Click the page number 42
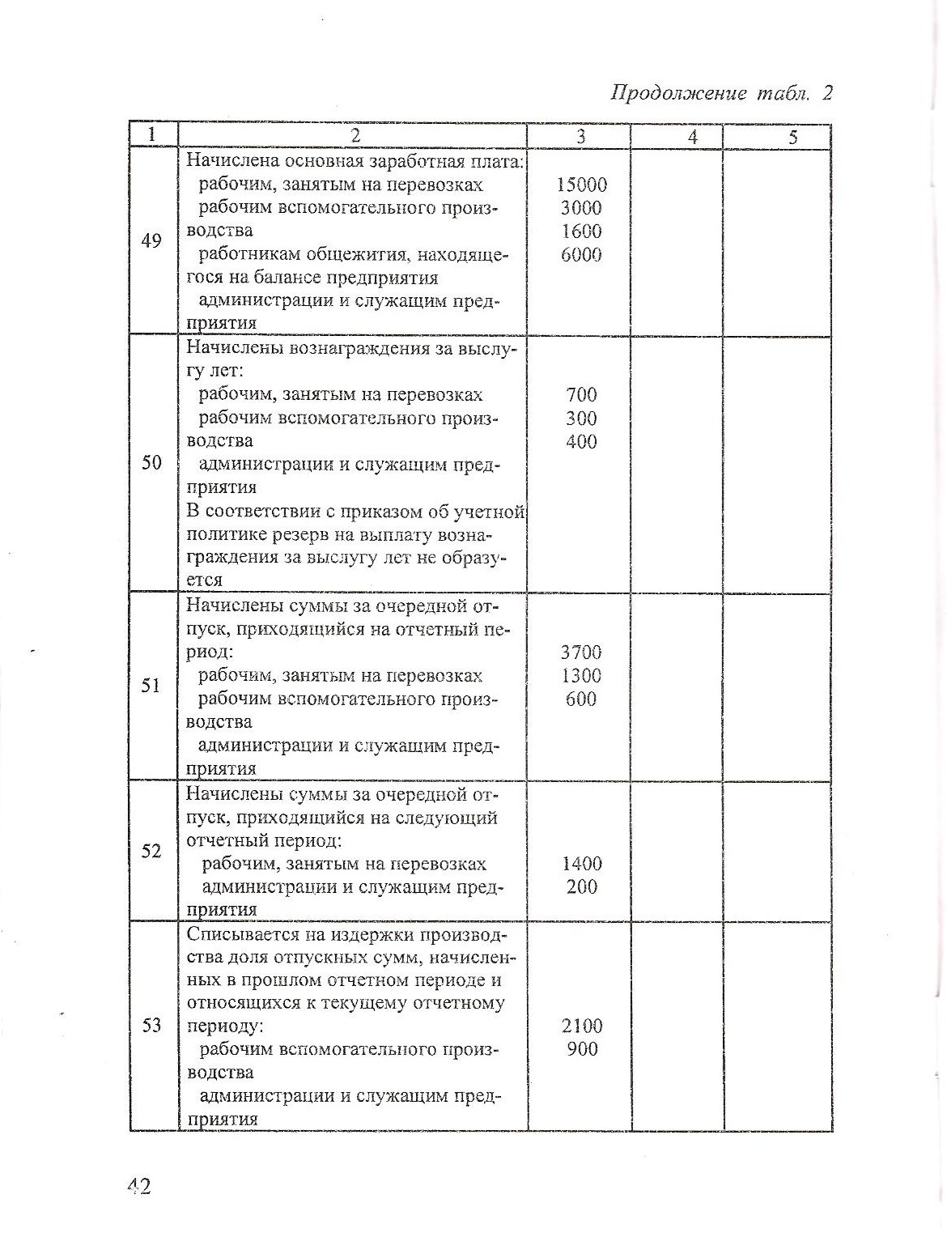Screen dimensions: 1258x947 (x=138, y=1187)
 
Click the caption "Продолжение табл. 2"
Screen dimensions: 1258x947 (x=720, y=94)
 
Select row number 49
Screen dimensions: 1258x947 (x=151, y=240)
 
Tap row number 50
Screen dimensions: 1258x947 (x=151, y=464)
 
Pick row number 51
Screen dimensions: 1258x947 (x=151, y=686)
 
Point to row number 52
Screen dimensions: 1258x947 (x=151, y=851)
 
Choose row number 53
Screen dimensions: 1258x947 (x=151, y=1026)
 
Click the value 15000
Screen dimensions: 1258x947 (x=581, y=185)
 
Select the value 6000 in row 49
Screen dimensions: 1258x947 (x=581, y=255)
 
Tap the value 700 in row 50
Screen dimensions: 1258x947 (x=581, y=395)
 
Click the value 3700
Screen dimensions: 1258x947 (x=581, y=652)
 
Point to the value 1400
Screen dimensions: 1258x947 (x=581, y=864)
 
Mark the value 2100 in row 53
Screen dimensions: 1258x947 (x=581, y=1026)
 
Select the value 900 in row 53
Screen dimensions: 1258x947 (x=582, y=1050)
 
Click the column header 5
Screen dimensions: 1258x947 (x=793, y=137)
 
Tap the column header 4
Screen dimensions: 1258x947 (x=692, y=137)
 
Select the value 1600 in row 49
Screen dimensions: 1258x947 (x=581, y=232)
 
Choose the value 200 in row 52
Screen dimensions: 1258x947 (x=582, y=887)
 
